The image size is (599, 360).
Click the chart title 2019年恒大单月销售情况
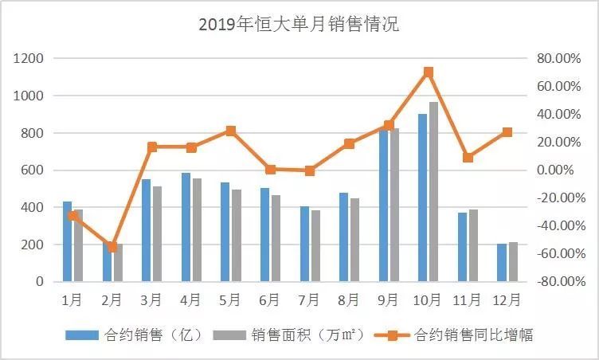tap(299, 25)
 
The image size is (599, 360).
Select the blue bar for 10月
tap(422, 198)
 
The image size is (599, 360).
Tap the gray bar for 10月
tap(433, 192)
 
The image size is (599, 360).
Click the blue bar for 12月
tap(502, 263)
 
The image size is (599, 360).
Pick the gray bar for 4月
tap(197, 230)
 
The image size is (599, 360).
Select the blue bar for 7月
tap(304, 244)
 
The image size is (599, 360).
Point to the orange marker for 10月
tap(429, 72)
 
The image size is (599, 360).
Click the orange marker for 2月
tap(112, 247)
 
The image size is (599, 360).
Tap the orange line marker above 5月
tap(230, 131)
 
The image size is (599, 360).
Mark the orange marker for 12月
tap(507, 132)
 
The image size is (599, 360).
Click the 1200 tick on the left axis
tap(29, 58)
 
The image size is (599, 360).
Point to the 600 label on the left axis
tap(33, 170)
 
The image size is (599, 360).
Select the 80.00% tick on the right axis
tap(559, 58)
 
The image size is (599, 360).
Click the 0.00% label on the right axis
tap(555, 170)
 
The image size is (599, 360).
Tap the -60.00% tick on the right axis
tap(562, 254)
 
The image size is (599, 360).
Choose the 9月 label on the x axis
tap(388, 300)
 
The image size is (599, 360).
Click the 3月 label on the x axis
tap(151, 300)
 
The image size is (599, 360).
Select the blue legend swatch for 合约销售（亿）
tap(82, 335)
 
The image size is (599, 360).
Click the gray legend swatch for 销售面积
tap(229, 335)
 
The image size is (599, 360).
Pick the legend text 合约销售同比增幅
tap(474, 335)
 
